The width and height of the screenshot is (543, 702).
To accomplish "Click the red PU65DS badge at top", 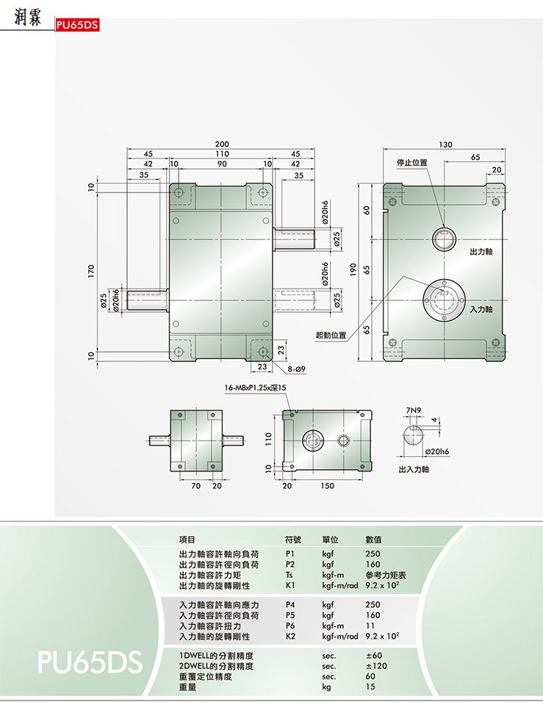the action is (x=77, y=25).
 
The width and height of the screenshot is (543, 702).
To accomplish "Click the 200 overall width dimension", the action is (x=222, y=144).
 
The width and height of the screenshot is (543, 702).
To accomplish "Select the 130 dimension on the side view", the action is (x=445, y=145).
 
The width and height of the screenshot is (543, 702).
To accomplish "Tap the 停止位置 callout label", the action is (x=412, y=162).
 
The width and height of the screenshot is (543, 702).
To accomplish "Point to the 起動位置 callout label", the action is (x=331, y=335).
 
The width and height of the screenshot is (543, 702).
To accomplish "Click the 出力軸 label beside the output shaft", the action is (x=481, y=252).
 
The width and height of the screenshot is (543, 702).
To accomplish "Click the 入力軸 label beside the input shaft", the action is (x=481, y=309).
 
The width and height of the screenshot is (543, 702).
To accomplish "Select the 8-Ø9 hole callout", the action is (x=297, y=369).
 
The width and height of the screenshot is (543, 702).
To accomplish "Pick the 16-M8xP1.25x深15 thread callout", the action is (x=256, y=388).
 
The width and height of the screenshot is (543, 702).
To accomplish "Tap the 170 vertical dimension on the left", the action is (x=91, y=271).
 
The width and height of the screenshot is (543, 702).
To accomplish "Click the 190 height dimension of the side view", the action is (x=353, y=269).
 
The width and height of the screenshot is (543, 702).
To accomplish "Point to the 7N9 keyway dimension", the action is (x=414, y=410).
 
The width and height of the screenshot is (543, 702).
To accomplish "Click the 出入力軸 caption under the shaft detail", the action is (x=414, y=469).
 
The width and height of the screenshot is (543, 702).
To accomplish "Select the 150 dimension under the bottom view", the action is (x=327, y=486).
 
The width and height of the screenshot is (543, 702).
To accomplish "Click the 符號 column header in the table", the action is (x=293, y=540).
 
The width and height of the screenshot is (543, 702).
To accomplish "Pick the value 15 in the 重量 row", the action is (x=370, y=687).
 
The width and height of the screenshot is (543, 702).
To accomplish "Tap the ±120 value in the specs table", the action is (x=376, y=666).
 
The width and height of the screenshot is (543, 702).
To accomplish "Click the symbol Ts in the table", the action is (x=290, y=575).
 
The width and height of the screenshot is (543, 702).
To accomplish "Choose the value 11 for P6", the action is (x=370, y=626).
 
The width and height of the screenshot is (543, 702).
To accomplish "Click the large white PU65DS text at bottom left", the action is (x=90, y=662).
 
